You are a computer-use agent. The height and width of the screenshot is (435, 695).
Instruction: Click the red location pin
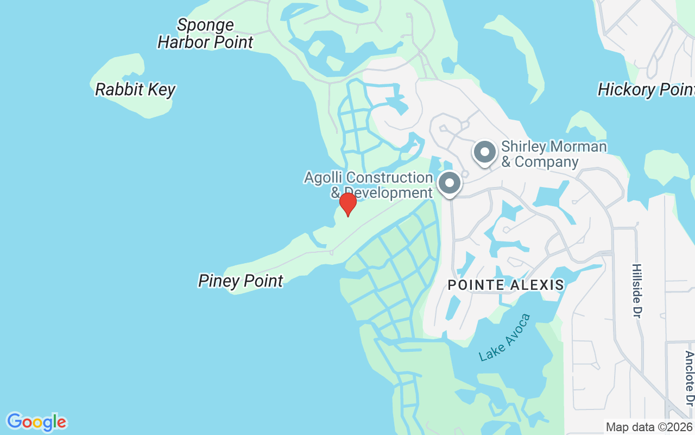(347, 204)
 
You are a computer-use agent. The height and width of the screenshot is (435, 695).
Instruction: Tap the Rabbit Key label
(135, 90)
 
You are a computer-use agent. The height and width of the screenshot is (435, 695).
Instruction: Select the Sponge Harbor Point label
(205, 33)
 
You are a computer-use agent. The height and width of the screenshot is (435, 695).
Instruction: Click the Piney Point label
(241, 281)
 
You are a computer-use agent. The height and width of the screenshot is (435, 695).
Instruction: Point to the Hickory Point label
(646, 90)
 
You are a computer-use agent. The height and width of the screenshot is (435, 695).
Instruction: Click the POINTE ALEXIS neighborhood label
(506, 284)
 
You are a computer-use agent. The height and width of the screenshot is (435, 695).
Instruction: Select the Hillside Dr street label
(636, 290)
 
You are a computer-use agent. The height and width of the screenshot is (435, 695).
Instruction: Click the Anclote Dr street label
(689, 378)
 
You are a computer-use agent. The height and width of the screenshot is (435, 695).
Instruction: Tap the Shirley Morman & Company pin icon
(484, 152)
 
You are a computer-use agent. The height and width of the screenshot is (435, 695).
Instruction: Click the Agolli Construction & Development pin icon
(449, 183)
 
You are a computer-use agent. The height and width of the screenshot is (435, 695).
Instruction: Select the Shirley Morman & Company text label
(553, 154)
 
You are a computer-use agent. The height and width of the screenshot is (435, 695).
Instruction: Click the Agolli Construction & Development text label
(369, 185)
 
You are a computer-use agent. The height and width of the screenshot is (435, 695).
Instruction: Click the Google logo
(36, 422)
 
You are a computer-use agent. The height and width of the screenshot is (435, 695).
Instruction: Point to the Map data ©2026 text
(649, 427)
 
